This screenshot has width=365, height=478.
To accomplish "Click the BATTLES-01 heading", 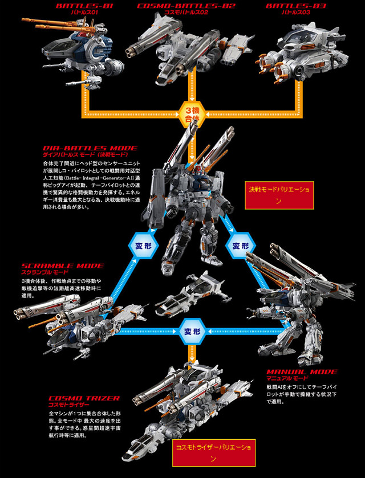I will pyautogui.click(x=84, y=6).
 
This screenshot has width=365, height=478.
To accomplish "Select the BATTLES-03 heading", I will pyautogui.click(x=289, y=6).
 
